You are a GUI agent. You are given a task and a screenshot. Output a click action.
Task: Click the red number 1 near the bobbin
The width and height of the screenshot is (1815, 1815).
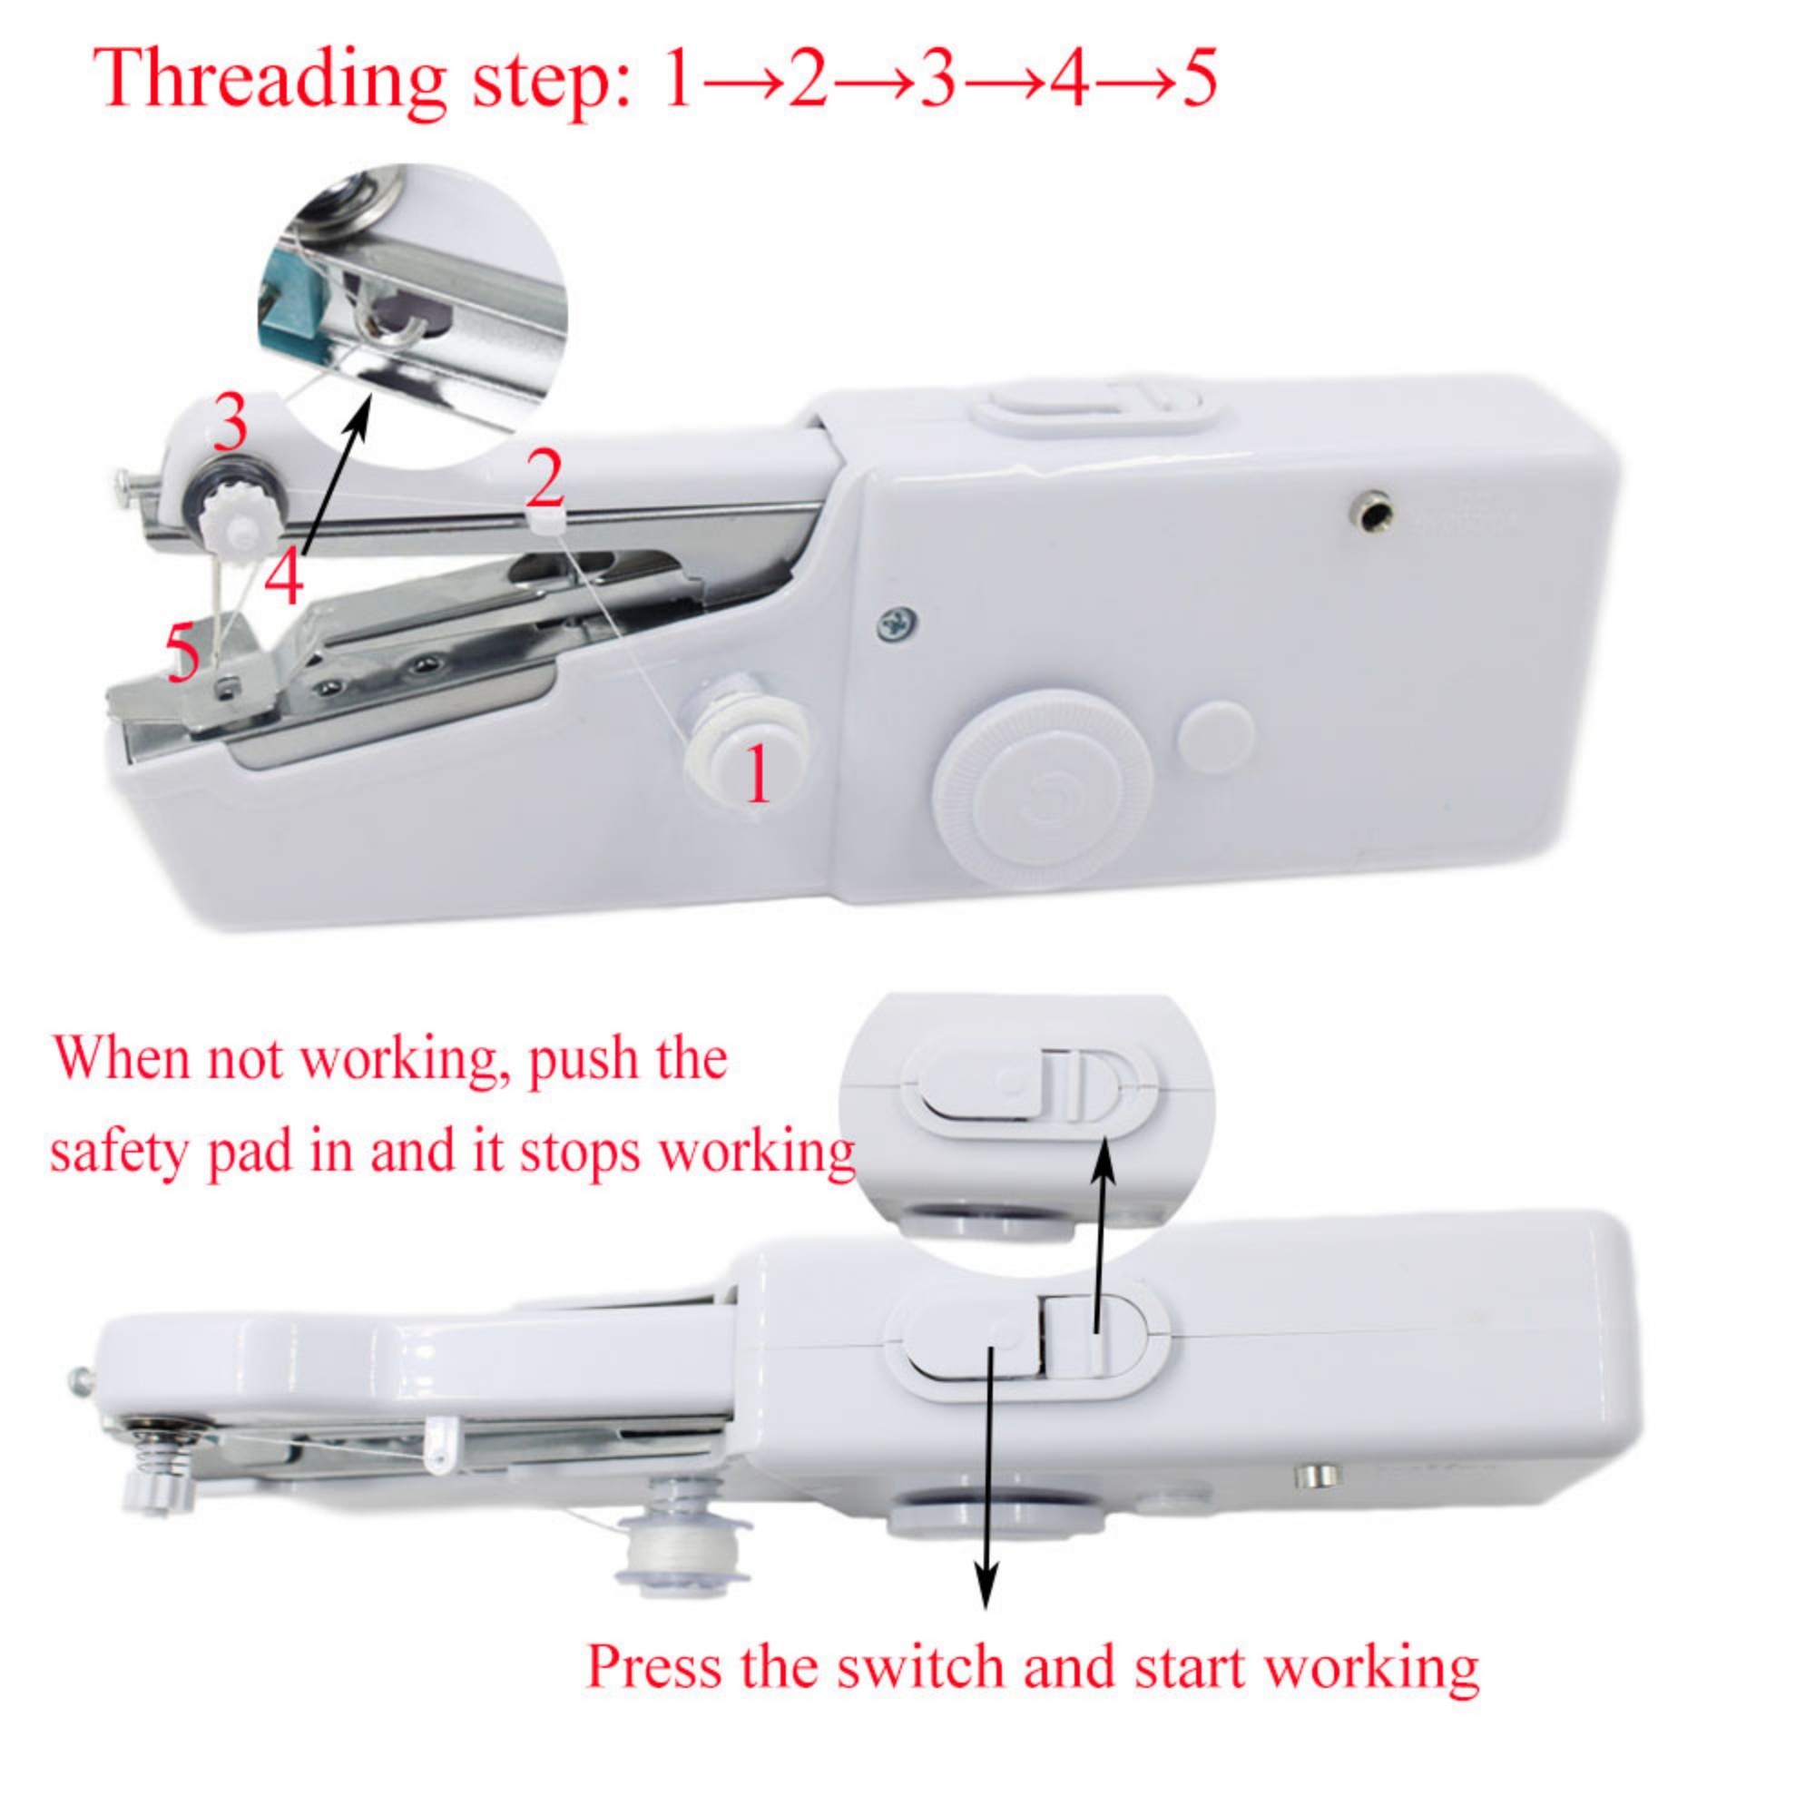pyautogui.click(x=757, y=776)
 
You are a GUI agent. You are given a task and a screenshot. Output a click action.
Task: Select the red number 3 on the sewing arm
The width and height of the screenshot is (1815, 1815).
pyautogui.click(x=231, y=423)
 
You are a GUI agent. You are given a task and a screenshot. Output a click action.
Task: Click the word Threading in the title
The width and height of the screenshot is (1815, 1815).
pyautogui.click(x=272, y=80)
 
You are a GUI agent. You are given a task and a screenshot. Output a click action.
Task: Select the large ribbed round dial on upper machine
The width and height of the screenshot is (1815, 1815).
pyautogui.click(x=1043, y=790)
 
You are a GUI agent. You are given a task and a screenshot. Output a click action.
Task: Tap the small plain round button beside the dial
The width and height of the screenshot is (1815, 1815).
pyautogui.click(x=1216, y=737)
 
